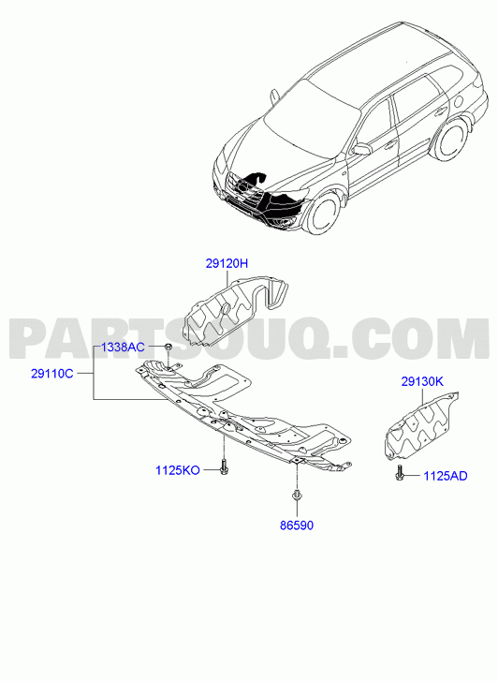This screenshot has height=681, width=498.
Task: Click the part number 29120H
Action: pyautogui.click(x=227, y=263)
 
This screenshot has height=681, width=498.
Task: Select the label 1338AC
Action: pyautogui.click(x=123, y=348)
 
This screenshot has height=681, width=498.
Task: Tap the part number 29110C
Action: pyautogui.click(x=52, y=373)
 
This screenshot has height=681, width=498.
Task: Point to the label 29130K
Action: pyautogui.click(x=422, y=382)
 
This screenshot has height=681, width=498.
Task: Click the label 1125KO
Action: pyautogui.click(x=178, y=470)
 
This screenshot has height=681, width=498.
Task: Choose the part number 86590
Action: pyautogui.click(x=297, y=526)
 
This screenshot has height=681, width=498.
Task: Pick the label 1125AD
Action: pyautogui.click(x=446, y=476)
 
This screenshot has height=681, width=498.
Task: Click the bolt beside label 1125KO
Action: pyautogui.click(x=224, y=466)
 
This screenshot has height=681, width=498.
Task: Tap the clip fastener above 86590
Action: pyautogui.click(x=297, y=496)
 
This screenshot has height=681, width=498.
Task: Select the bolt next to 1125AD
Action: pyautogui.click(x=399, y=473)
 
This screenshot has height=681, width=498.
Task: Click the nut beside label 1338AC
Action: pyautogui.click(x=168, y=347)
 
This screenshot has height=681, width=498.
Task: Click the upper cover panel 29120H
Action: pyautogui.click(x=234, y=310)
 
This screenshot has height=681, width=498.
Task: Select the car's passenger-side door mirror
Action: pyautogui.click(x=362, y=149)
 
